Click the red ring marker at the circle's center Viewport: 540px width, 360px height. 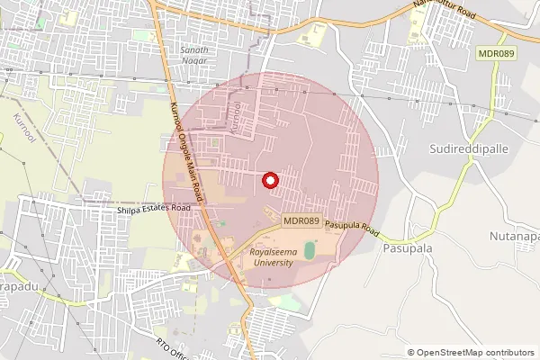(x=270, y=180)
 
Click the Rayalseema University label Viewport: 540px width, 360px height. (x=272, y=258)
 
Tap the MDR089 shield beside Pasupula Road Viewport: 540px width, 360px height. (x=301, y=220)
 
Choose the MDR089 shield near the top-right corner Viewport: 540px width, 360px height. (x=497, y=55)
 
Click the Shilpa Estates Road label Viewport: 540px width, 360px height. (x=155, y=208)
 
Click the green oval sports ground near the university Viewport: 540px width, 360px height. (x=310, y=249)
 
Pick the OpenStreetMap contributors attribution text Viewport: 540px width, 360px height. (x=475, y=353)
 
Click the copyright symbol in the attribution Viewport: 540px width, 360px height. (x=411, y=353)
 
